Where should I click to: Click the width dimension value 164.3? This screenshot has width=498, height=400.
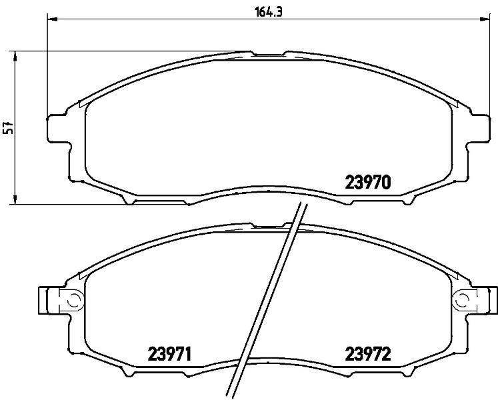pyautogui.click(x=269, y=12)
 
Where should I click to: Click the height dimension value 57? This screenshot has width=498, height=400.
pyautogui.click(x=10, y=127)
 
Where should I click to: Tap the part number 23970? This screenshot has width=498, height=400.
pyautogui.click(x=367, y=183)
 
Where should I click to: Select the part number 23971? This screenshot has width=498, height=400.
pyautogui.click(x=170, y=354)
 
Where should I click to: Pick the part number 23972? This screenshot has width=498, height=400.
pyautogui.click(x=368, y=354)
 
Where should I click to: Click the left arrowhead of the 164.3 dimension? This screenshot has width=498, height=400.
pyautogui.click(x=52, y=19)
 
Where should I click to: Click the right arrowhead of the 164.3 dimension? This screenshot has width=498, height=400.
pyautogui.click(x=485, y=19)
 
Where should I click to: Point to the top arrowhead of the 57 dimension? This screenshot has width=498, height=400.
pyautogui.click(x=15, y=56)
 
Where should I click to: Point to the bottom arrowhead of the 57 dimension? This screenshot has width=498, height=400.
pyautogui.click(x=15, y=199)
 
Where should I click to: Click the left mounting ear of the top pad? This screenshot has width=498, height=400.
pyautogui.click(x=58, y=129)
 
